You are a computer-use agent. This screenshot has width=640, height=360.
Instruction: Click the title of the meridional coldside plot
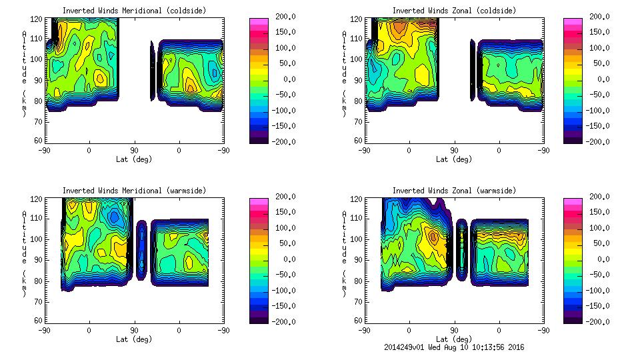coord(134,11)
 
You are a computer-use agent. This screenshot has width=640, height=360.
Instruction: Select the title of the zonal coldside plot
coord(454,11)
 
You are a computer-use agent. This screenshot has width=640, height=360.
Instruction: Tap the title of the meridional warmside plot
coord(134,191)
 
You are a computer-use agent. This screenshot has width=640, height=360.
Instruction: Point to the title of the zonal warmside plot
coord(454,191)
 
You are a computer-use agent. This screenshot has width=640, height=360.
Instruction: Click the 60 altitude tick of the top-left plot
coord(37,141)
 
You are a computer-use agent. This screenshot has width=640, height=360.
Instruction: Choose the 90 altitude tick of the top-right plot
coord(357,79)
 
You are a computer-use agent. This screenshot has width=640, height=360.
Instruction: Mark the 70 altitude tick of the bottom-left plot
coord(37,301)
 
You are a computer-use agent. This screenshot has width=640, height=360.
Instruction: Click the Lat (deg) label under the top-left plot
coord(134,159)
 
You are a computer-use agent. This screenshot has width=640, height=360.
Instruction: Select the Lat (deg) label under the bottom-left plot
coord(134,339)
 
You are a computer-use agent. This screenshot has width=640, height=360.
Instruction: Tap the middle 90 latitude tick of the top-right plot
coord(454,151)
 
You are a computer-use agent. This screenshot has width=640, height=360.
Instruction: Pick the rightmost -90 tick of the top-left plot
coord(224,151)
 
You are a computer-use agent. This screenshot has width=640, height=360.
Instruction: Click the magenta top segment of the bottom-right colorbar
coord(573,200)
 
